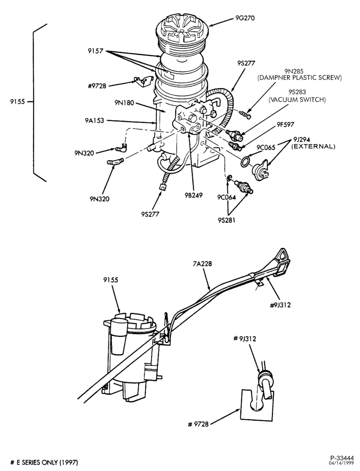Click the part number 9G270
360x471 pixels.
tap(245, 18)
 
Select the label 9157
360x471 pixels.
tap(96, 51)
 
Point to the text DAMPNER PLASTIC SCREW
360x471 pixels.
tap(300, 78)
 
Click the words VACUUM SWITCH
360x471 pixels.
tap(297, 99)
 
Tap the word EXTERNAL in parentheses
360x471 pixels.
tap(313, 146)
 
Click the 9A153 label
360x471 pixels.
tap(94, 121)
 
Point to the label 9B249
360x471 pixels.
tap(194, 195)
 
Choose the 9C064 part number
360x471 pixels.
tap(227, 197)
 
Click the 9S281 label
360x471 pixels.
tap(227, 220)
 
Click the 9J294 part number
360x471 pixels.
tap(300, 140)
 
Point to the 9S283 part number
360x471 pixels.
tap(297, 92)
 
